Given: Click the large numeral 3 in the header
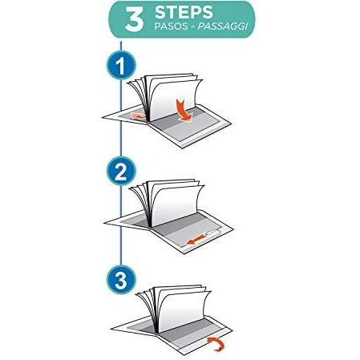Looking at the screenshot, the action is [x=134, y=19].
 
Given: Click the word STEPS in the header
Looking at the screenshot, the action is [x=184, y=12].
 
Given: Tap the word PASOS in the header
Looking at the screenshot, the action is [x=170, y=26].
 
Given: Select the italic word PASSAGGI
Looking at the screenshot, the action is [x=223, y=26].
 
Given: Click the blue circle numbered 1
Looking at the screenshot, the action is [x=121, y=66].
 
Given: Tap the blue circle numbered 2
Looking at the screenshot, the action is [x=121, y=172].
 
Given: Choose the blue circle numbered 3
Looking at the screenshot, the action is [x=121, y=280].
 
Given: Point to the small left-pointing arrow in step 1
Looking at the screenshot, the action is [x=138, y=116].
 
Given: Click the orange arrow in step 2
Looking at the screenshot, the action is [x=196, y=241].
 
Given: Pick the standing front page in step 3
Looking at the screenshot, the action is [x=182, y=311].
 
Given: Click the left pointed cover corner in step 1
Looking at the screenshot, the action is [x=103, y=117].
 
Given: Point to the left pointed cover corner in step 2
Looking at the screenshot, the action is [x=105, y=223].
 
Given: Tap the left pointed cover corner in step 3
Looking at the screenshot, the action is [x=111, y=329].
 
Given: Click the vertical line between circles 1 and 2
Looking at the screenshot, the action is [x=121, y=119].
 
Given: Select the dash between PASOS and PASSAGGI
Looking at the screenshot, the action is [x=192, y=26].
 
